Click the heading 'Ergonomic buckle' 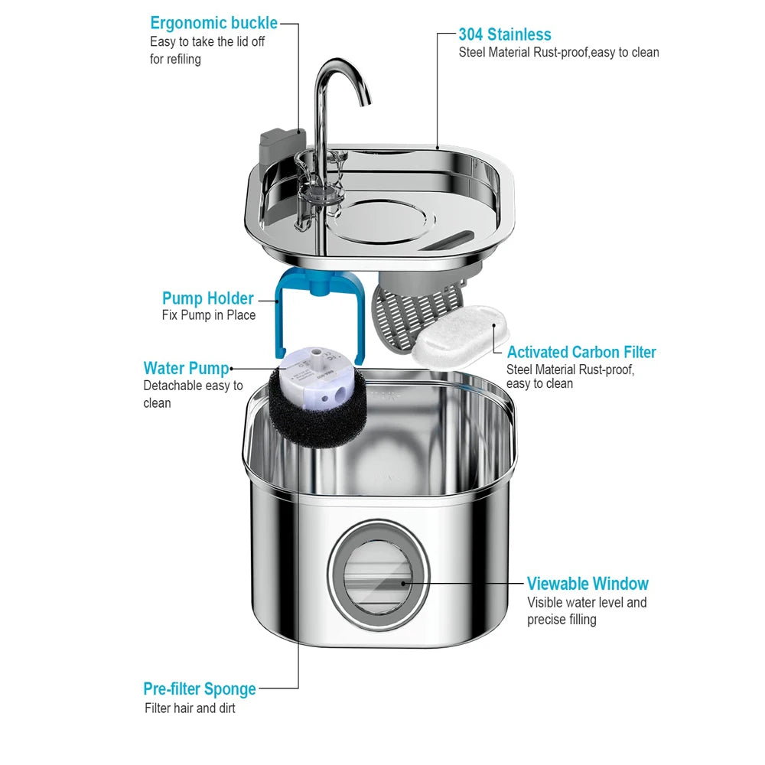[x=213, y=23]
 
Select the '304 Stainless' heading [x=504, y=34]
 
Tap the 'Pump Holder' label [x=207, y=298]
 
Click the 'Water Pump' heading [x=186, y=368]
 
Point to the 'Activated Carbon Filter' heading [x=581, y=352]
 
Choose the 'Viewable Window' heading [x=588, y=584]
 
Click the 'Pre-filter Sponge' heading [x=199, y=688]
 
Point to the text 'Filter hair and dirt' [x=190, y=708]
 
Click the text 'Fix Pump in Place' [x=209, y=315]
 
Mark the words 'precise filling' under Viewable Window [x=561, y=620]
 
